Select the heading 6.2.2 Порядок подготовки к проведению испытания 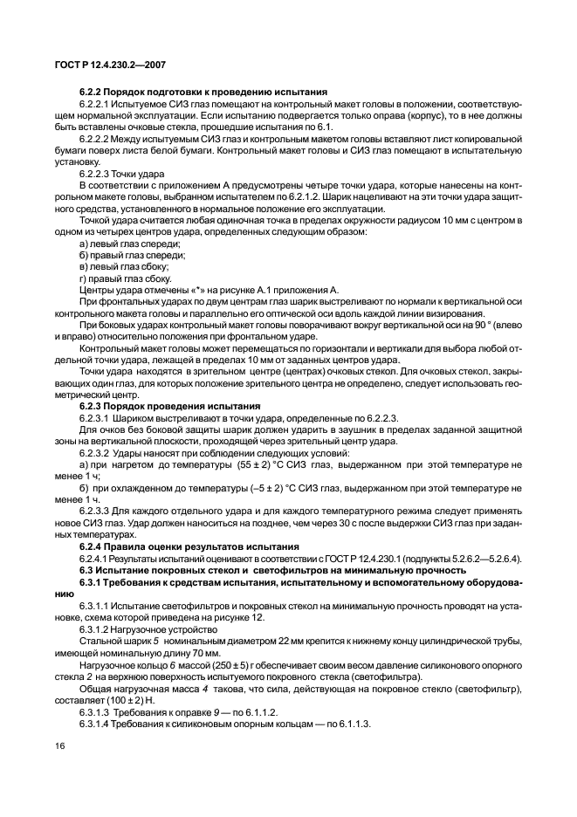pyautogui.click(x=203, y=92)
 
